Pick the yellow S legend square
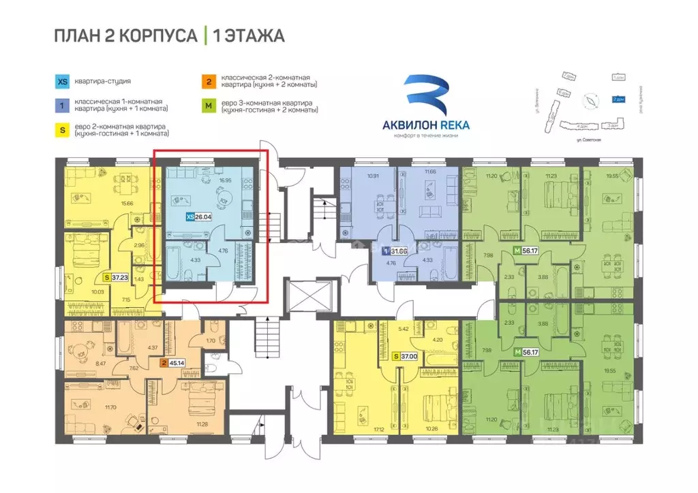62,129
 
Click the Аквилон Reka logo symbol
426,95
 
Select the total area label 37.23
122,278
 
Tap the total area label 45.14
177,363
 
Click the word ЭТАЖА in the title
253,35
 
